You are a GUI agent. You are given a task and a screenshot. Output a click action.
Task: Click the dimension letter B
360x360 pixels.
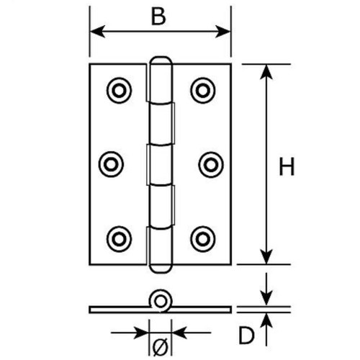point(158,17)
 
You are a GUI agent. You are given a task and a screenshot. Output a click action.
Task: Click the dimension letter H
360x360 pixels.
point(287,166)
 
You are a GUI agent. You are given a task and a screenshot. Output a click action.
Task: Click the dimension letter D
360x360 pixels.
point(246,336)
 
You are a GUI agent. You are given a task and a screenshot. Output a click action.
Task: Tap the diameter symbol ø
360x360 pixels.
point(161,346)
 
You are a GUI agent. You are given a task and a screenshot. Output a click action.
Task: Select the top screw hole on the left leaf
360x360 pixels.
point(119,91)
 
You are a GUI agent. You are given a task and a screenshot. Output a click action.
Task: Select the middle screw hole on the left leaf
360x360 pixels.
point(111,164)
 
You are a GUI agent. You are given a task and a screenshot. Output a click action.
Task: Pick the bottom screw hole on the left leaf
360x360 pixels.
point(119,239)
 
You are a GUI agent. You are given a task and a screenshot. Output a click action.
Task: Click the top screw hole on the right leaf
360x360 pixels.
point(203,91)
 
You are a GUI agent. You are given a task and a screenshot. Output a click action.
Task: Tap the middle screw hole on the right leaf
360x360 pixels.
point(211,165)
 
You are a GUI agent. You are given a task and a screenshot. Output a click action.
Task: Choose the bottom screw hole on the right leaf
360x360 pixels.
point(203,239)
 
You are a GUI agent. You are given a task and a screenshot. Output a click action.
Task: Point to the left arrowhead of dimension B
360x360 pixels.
point(96,32)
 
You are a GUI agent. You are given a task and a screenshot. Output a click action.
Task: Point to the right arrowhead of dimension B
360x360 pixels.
point(223,32)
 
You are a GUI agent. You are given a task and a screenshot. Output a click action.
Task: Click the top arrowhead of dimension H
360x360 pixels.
point(266,71)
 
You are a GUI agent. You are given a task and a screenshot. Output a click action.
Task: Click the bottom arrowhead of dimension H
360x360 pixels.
point(266,257)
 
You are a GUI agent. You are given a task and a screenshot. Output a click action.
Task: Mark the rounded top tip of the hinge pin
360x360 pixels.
point(161,58)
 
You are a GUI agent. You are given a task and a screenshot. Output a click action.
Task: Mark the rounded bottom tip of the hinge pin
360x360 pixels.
point(161,272)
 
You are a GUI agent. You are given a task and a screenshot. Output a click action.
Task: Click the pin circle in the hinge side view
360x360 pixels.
point(161,301)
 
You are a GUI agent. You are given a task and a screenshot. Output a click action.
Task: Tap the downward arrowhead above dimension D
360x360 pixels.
point(266,298)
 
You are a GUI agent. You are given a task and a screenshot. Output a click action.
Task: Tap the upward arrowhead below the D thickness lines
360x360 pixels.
point(266,321)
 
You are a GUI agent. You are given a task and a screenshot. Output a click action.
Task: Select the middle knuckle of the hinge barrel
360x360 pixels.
point(160,165)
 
